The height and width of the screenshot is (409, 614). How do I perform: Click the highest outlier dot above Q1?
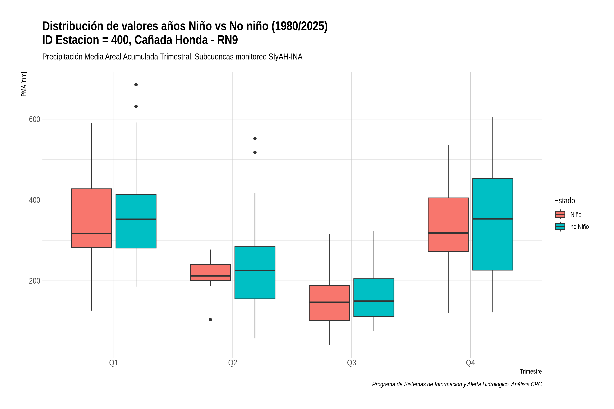136,85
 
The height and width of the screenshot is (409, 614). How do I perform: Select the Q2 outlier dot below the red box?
210,320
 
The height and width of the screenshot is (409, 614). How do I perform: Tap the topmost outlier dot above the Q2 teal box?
255,139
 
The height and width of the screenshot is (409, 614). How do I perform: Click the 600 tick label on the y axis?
34,119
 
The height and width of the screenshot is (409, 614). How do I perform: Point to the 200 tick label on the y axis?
34,281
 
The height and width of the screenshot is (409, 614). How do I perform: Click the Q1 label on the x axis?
114,363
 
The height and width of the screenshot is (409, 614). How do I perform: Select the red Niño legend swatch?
560,214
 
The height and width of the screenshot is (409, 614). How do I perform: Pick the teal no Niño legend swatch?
560,227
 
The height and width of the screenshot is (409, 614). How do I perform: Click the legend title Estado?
564,201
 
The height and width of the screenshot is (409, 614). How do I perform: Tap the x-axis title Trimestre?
531,372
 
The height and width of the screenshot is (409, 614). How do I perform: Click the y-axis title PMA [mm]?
24,84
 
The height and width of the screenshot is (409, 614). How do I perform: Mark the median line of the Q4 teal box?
493,219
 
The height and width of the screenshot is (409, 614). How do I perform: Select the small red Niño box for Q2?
210,272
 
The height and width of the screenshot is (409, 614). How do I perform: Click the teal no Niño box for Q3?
374,298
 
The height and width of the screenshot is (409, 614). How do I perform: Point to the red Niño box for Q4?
448,225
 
